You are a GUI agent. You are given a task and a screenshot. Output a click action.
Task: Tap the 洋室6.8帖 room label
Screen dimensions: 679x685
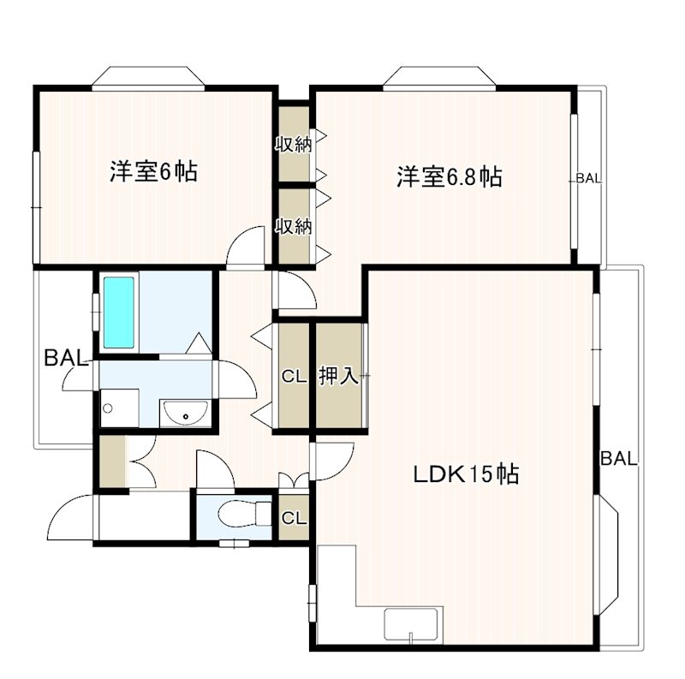448,177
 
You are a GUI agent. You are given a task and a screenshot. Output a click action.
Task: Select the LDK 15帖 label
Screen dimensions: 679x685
467,474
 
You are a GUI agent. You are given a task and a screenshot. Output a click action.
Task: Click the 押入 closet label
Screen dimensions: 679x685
338,375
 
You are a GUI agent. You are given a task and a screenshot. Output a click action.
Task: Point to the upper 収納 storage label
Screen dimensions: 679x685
292,144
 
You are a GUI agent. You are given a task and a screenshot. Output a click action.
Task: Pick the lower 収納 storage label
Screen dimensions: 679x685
292,227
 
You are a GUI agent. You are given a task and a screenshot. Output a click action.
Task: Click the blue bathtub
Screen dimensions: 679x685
120,312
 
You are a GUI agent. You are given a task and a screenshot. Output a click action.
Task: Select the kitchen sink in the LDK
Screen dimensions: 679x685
413,623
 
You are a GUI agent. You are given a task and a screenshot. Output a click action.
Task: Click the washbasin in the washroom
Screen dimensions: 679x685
182,414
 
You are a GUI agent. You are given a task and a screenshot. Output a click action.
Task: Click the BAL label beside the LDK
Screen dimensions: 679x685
618,459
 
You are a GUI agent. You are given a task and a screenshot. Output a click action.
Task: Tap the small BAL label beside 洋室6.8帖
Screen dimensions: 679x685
588,179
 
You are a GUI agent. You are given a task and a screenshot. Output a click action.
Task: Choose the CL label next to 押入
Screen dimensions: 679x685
294,375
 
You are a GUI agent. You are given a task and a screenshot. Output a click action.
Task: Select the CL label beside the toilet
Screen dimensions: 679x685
294,518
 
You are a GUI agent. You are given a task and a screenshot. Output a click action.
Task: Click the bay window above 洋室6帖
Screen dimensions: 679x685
149,78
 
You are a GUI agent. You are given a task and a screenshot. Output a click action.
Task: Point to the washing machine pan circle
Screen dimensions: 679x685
108,408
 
